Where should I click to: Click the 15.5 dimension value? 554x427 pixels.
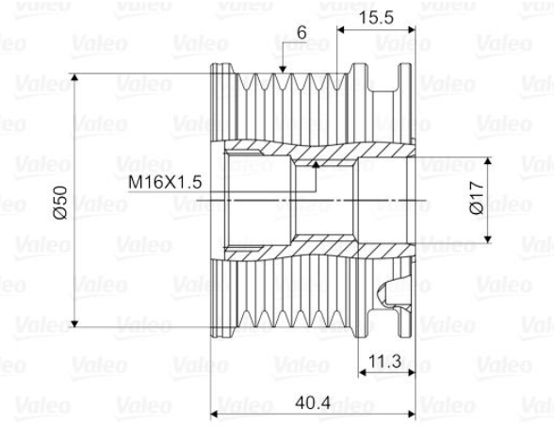(376, 17)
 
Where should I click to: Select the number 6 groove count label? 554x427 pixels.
(301, 33)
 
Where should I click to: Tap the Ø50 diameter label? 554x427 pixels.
(60, 203)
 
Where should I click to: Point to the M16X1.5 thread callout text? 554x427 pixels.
(165, 183)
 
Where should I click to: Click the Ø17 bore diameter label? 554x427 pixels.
(477, 197)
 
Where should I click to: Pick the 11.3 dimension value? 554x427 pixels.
(385, 361)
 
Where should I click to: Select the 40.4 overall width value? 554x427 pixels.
(313, 402)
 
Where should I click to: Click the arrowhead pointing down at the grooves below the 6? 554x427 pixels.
(283, 70)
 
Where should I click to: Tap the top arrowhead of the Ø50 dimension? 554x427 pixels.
(74, 77)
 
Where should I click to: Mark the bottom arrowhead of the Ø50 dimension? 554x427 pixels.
(74, 323)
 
